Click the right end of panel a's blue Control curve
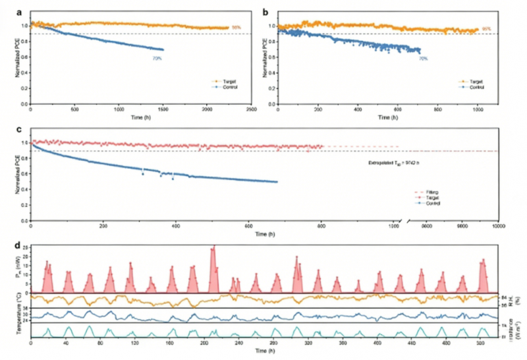pyautogui.click(x=163, y=50)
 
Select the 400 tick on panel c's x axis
pyautogui.click(x=177, y=225)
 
